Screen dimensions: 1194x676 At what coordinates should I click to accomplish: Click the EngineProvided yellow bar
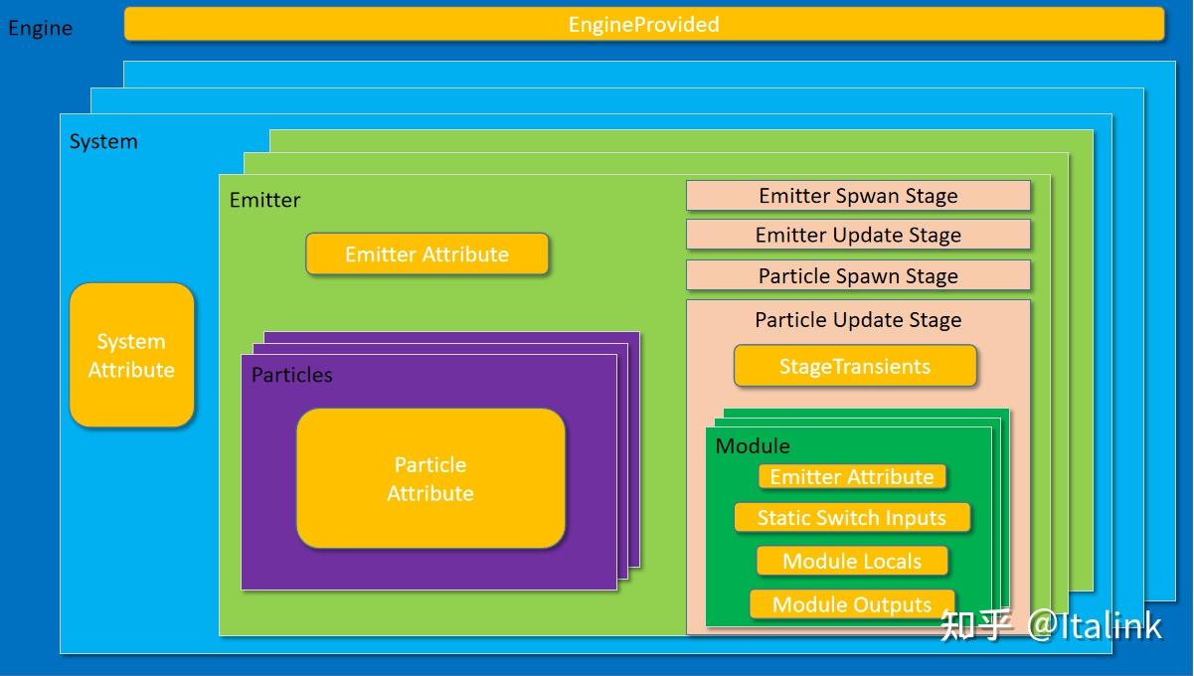pyautogui.click(x=644, y=24)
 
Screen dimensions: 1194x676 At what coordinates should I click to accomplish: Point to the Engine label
pyautogui.click(x=40, y=28)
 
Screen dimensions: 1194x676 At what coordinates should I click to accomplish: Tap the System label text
pyautogui.click(x=103, y=142)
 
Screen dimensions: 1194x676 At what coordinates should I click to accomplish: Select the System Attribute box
pyautogui.click(x=131, y=355)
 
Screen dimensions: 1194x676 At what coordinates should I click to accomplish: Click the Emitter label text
pyautogui.click(x=264, y=200)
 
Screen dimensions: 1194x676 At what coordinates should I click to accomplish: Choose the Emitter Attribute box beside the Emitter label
pyautogui.click(x=426, y=254)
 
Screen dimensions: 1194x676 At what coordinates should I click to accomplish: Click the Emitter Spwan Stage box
pyautogui.click(x=858, y=196)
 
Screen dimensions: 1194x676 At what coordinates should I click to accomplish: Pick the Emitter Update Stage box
pyautogui.click(x=858, y=235)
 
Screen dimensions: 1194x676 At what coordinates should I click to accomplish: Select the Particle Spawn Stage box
pyautogui.click(x=858, y=275)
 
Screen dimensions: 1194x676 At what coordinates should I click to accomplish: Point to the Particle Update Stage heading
pyautogui.click(x=858, y=320)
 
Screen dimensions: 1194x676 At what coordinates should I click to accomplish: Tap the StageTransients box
pyautogui.click(x=855, y=366)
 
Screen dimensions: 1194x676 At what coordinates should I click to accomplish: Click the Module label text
pyautogui.click(x=753, y=445)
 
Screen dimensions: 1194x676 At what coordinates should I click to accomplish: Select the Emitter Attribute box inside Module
pyautogui.click(x=852, y=476)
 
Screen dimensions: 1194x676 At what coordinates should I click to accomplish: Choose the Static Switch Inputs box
pyautogui.click(x=852, y=518)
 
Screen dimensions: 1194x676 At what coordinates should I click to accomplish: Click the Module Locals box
pyautogui.click(x=852, y=561)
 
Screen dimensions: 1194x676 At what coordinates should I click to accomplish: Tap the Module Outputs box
pyautogui.click(x=852, y=604)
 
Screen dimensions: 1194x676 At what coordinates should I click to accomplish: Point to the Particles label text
pyautogui.click(x=292, y=375)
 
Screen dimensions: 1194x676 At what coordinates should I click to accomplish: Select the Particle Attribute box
pyautogui.click(x=430, y=478)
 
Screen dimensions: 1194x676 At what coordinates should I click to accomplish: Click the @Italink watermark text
pyautogui.click(x=1094, y=626)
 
